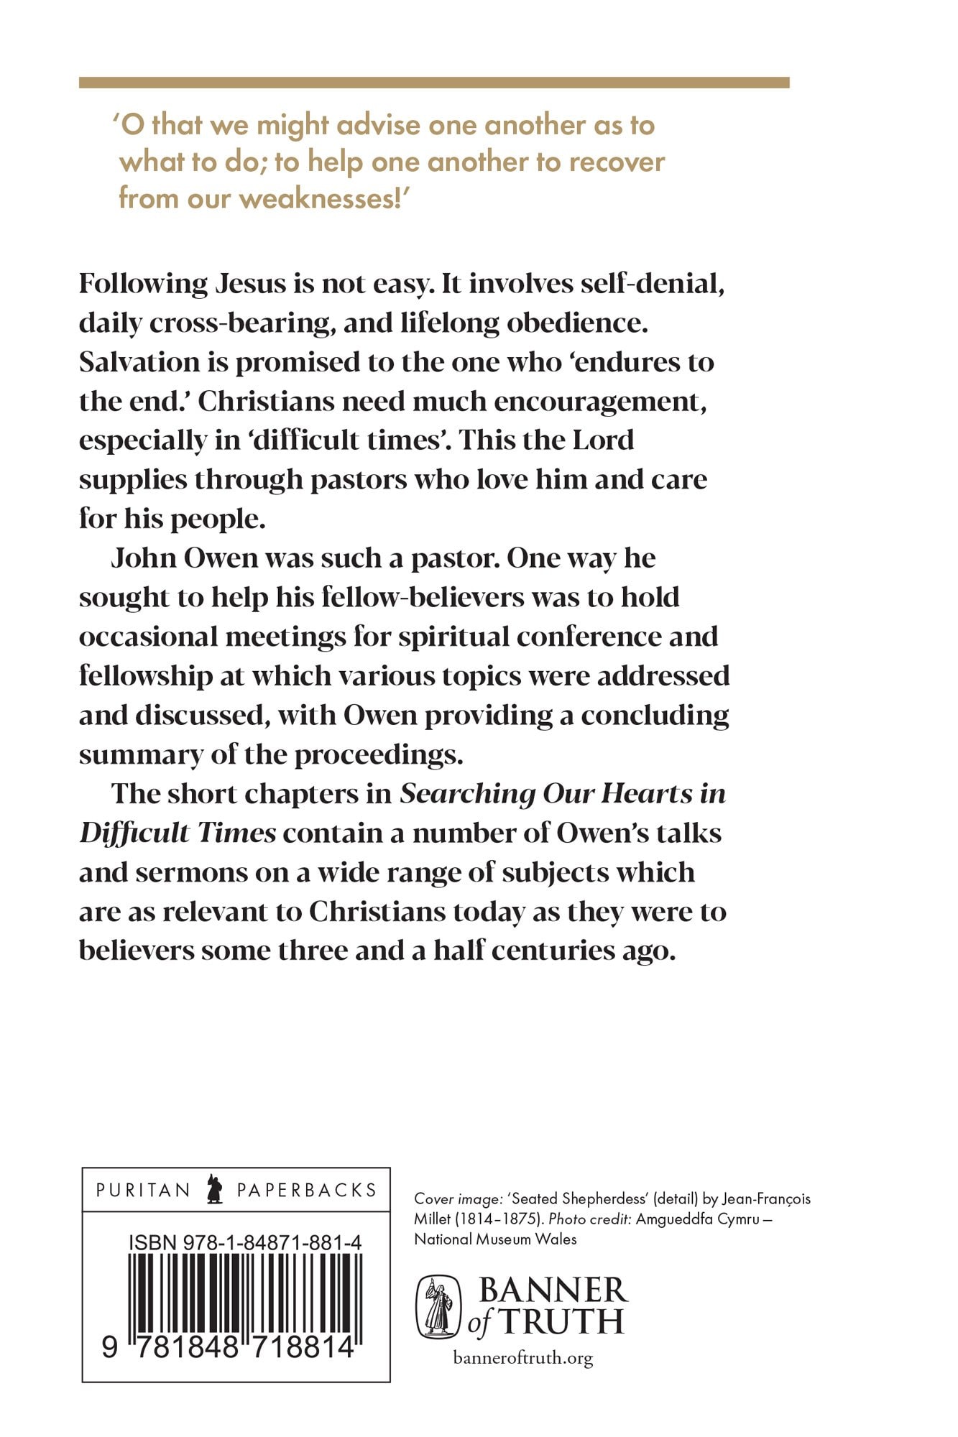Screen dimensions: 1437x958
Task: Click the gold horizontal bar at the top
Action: coord(434,83)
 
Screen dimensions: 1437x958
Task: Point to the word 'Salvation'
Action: coord(139,362)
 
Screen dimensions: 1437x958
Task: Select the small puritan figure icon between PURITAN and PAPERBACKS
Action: coord(213,1189)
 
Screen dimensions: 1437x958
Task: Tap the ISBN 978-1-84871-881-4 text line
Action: coord(245,1242)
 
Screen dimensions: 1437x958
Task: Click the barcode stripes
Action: coord(244,1293)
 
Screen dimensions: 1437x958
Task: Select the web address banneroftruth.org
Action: coord(523,1358)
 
